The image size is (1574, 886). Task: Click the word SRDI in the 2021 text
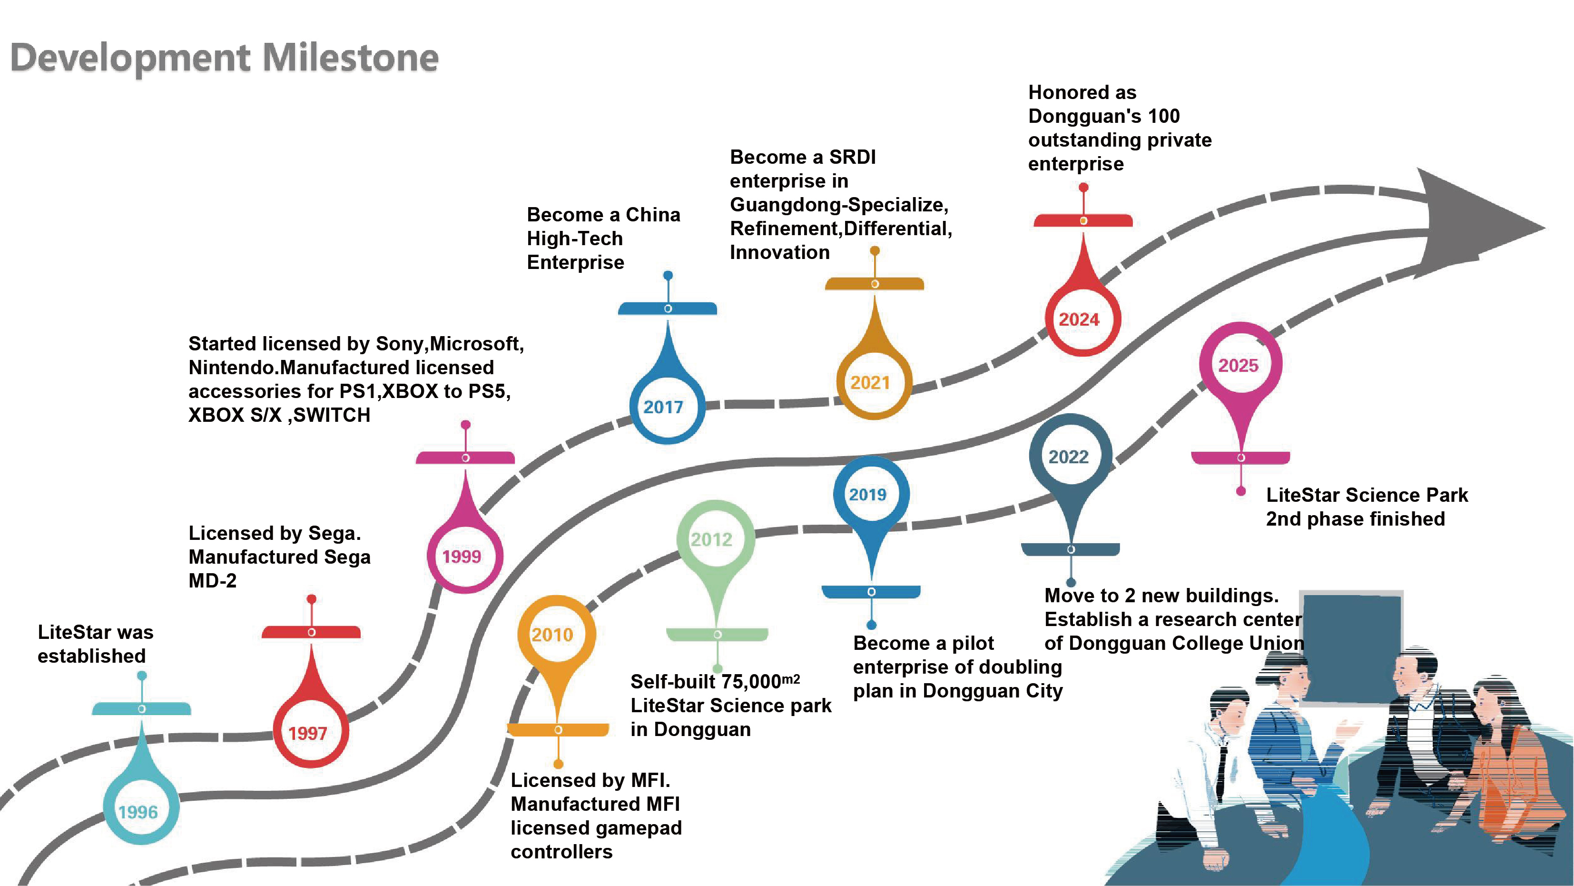852,157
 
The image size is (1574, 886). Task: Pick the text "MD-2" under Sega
212,580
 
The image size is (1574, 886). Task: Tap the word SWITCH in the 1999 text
332,415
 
